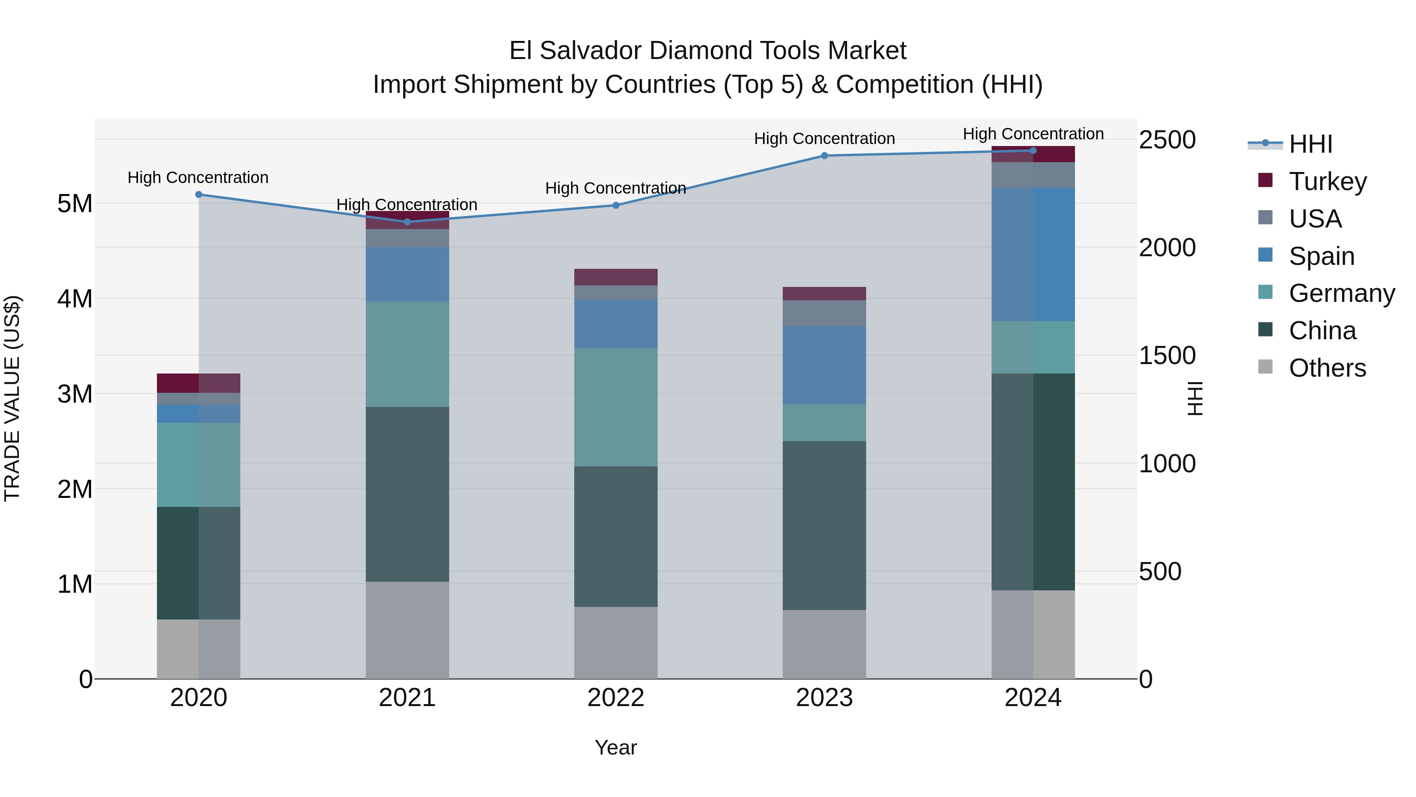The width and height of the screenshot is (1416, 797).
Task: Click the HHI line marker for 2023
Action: [824, 155]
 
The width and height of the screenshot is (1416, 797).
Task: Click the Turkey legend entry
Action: [1327, 181]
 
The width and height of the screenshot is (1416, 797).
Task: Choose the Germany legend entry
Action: [1341, 293]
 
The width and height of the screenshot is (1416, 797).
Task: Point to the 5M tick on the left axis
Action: [75, 204]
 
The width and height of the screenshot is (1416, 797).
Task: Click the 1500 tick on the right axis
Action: [1167, 356]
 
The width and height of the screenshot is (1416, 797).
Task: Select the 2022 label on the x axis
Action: [616, 698]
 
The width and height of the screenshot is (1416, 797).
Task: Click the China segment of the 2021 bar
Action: [407, 494]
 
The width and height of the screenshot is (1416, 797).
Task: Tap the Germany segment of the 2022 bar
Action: [616, 407]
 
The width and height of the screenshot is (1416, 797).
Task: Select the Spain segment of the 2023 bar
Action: [824, 365]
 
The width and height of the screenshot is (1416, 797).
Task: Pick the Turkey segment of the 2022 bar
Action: [616, 277]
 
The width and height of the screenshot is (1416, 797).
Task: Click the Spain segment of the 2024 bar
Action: [1033, 254]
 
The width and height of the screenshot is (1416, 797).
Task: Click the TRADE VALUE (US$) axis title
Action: [13, 398]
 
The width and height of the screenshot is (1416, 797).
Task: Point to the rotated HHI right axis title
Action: [1195, 398]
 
